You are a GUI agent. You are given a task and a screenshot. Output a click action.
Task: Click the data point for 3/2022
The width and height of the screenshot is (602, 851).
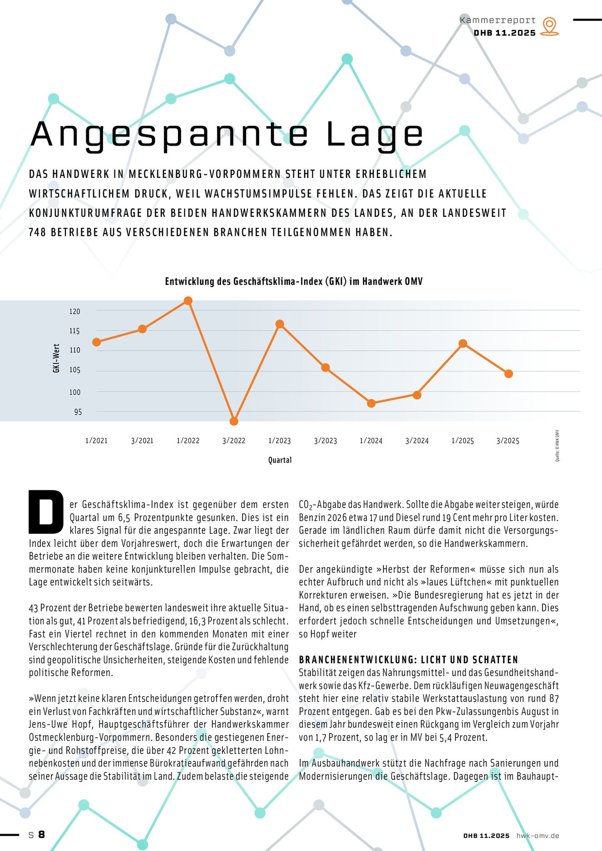tap(234, 421)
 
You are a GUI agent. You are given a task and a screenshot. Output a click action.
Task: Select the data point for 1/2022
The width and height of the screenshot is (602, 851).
tap(188, 300)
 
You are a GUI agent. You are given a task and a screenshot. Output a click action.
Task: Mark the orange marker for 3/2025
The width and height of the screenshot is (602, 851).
tap(508, 374)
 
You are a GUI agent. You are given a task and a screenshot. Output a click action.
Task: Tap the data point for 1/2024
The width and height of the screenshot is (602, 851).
tap(371, 403)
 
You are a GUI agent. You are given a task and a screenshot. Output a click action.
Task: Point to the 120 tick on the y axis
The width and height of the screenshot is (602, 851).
tap(75, 311)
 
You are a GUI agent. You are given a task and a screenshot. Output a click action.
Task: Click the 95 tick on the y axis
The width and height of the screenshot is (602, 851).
tap(78, 412)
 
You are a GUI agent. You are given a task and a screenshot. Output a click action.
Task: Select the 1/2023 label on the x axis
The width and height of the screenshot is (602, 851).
tap(279, 441)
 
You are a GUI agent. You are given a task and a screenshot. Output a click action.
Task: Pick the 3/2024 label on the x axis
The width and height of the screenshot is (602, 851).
tap(417, 441)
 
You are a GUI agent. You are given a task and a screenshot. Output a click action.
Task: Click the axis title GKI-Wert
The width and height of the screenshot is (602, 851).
tap(56, 359)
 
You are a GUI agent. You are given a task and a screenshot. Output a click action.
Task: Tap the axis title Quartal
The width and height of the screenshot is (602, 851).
tap(280, 460)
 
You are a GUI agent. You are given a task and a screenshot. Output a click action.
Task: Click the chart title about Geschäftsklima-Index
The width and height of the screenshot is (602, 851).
tap(294, 281)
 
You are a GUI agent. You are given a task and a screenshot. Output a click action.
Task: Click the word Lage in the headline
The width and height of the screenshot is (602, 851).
tap(375, 134)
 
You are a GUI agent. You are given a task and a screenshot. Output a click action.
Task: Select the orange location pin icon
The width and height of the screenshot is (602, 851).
tap(549, 26)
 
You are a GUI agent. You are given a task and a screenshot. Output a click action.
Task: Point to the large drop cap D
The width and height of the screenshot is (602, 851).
tap(46, 512)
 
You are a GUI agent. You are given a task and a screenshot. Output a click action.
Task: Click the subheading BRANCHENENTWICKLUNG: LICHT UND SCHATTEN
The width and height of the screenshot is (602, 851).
tap(409, 659)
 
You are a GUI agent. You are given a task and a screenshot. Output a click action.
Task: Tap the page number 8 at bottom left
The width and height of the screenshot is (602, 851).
tap(41, 835)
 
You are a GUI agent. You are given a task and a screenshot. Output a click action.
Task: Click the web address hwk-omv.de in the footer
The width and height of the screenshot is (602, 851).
tap(538, 836)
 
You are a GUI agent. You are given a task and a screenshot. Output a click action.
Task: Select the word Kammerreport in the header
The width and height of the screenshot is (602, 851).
tap(498, 20)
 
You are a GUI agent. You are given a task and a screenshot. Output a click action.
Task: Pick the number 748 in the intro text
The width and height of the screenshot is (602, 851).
tap(37, 232)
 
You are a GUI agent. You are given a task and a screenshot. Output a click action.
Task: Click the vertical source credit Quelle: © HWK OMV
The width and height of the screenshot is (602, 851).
tap(557, 446)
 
